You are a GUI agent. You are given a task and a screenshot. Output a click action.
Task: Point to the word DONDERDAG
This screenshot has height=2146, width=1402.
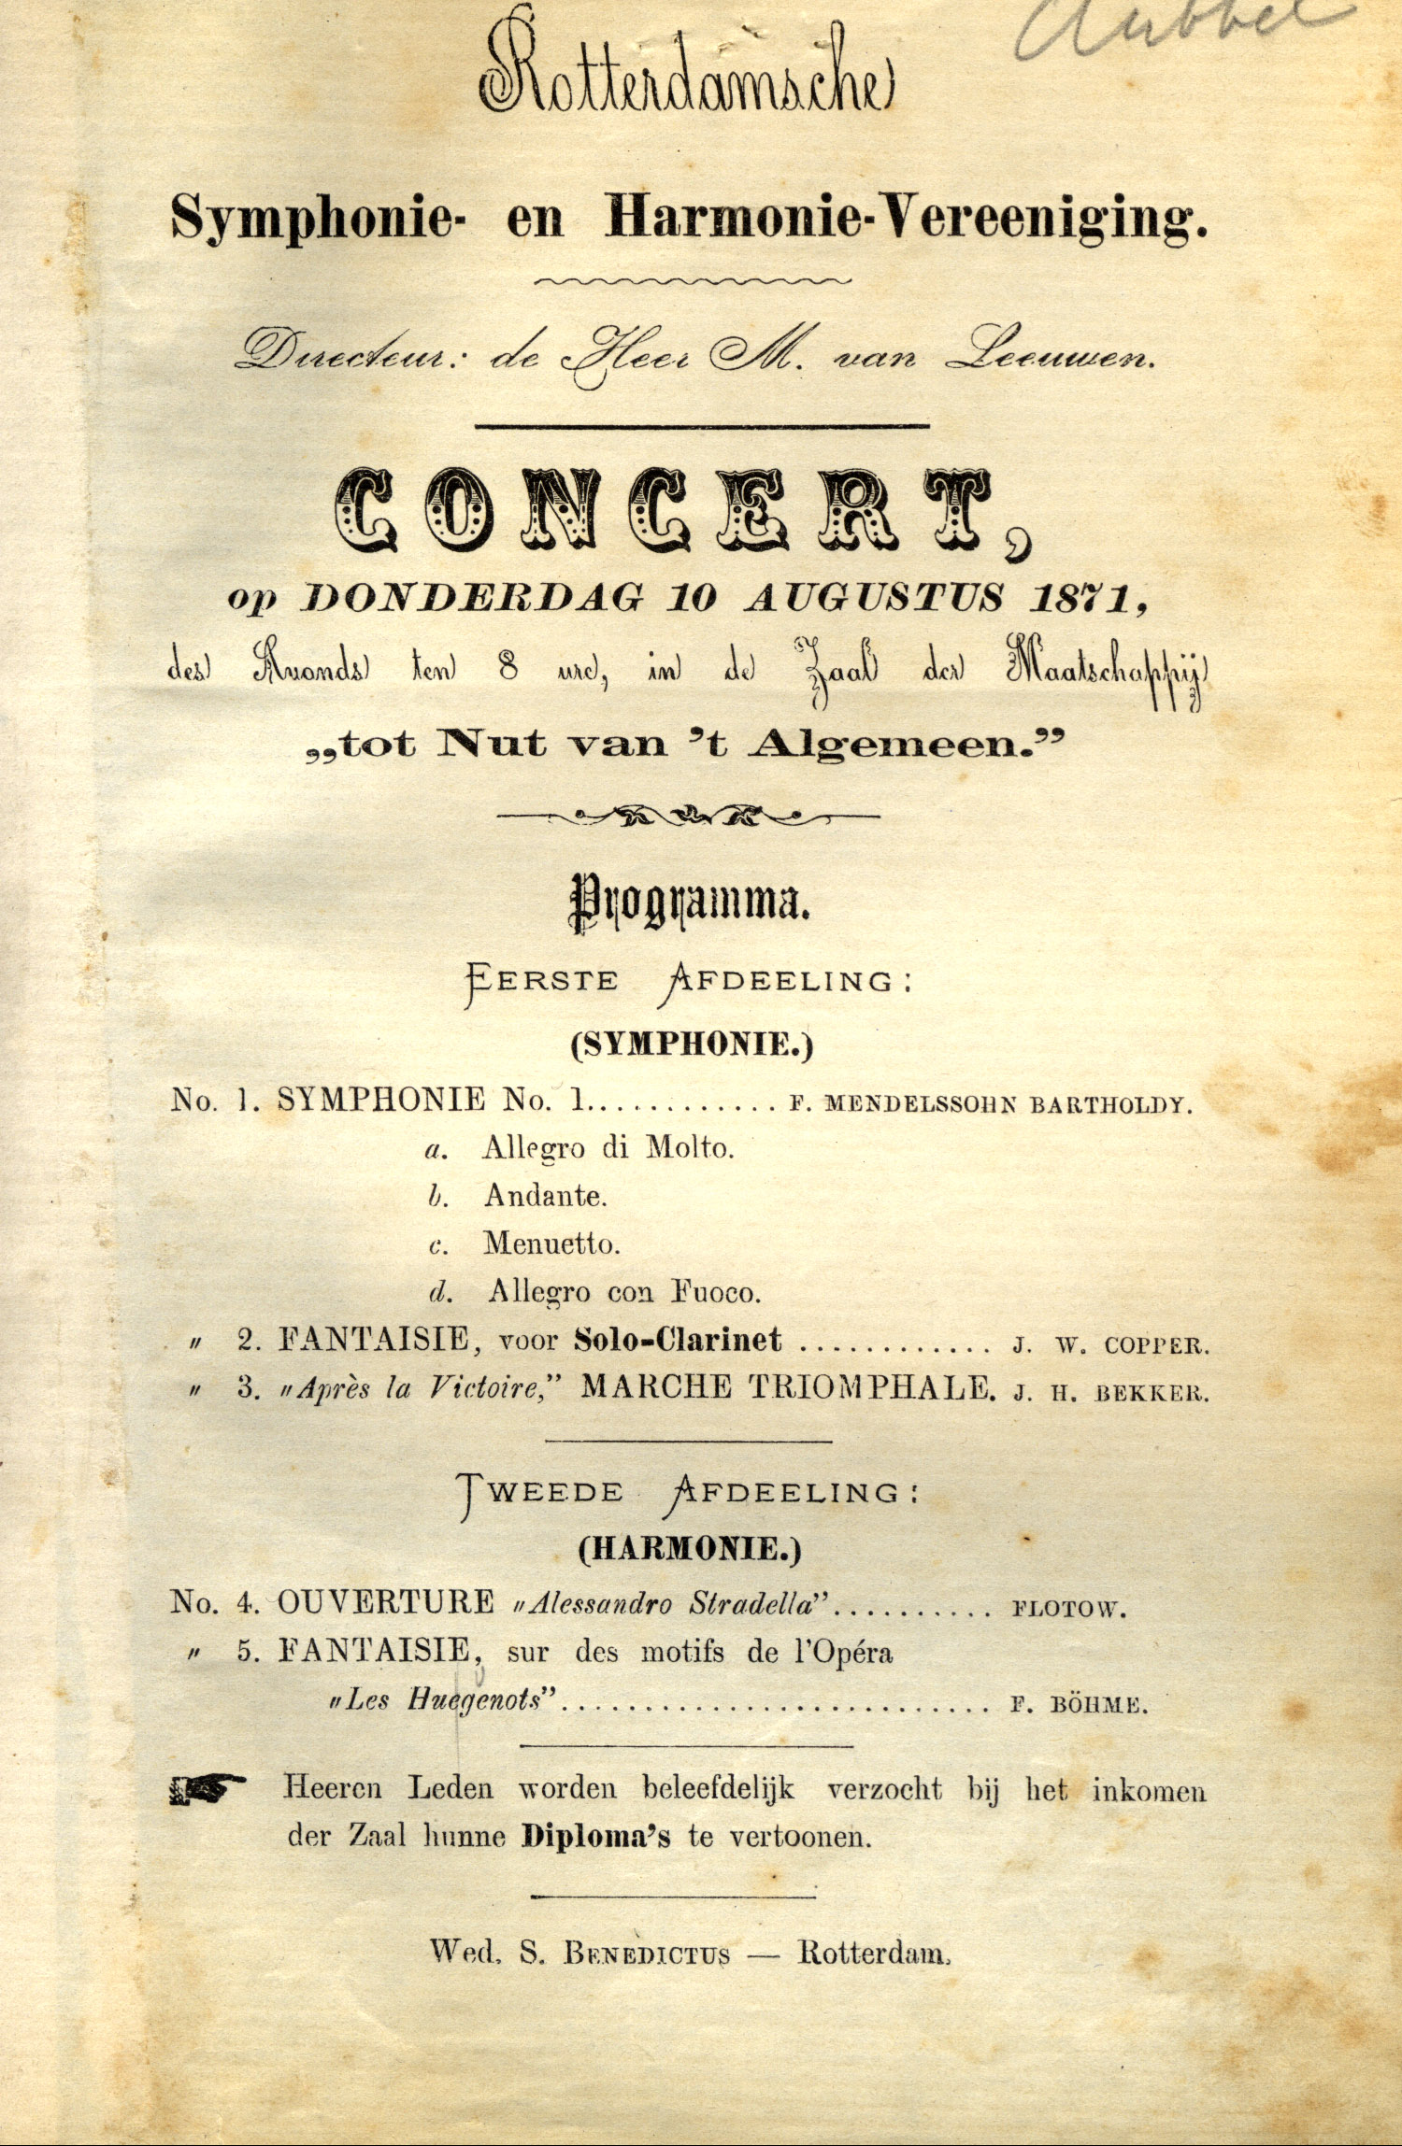(472, 599)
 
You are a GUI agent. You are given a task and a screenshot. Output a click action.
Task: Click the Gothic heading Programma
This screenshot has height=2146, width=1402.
(690, 902)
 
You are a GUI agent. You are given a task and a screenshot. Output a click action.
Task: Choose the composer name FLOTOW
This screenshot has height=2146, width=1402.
(1068, 1609)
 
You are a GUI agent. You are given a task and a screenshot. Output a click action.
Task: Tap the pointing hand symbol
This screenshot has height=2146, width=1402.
(207, 1788)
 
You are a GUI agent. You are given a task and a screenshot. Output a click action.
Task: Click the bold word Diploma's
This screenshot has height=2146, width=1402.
(595, 1836)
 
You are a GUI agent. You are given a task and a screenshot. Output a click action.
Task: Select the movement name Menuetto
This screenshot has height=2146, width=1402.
(551, 1244)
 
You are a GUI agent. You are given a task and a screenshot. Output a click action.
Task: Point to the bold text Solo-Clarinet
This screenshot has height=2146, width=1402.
(678, 1340)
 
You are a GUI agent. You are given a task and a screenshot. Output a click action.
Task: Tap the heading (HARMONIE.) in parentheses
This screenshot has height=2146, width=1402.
(690, 1549)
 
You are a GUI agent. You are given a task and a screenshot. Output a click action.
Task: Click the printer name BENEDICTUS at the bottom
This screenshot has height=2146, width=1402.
(646, 1953)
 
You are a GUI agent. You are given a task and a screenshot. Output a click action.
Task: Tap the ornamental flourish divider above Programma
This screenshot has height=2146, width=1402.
(688, 816)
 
